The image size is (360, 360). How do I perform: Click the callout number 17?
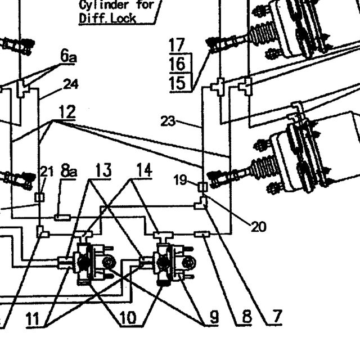click(177, 45)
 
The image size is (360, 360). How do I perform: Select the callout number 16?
click(177, 64)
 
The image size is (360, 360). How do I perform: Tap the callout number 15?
click(177, 83)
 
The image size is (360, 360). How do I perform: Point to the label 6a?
click(69, 56)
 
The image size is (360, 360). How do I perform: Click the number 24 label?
click(71, 84)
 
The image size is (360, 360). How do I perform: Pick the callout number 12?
click(67, 111)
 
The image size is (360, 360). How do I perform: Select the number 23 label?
click(168, 121)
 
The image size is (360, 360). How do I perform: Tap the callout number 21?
click(47, 172)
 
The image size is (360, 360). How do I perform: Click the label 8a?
click(69, 170)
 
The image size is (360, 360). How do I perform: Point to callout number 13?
click(103, 170)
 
